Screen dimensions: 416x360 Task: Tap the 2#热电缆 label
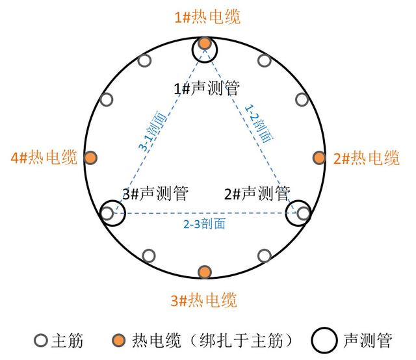366,158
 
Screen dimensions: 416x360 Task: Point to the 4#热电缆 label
44,157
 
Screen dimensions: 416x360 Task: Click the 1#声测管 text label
206,90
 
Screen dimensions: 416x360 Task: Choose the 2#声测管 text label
256,193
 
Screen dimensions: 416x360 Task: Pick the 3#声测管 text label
155,193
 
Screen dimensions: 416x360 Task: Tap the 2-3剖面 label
204,224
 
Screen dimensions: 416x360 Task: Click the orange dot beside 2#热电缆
319,158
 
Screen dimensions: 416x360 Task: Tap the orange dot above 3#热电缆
205,271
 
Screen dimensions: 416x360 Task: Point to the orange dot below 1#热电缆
205,44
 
